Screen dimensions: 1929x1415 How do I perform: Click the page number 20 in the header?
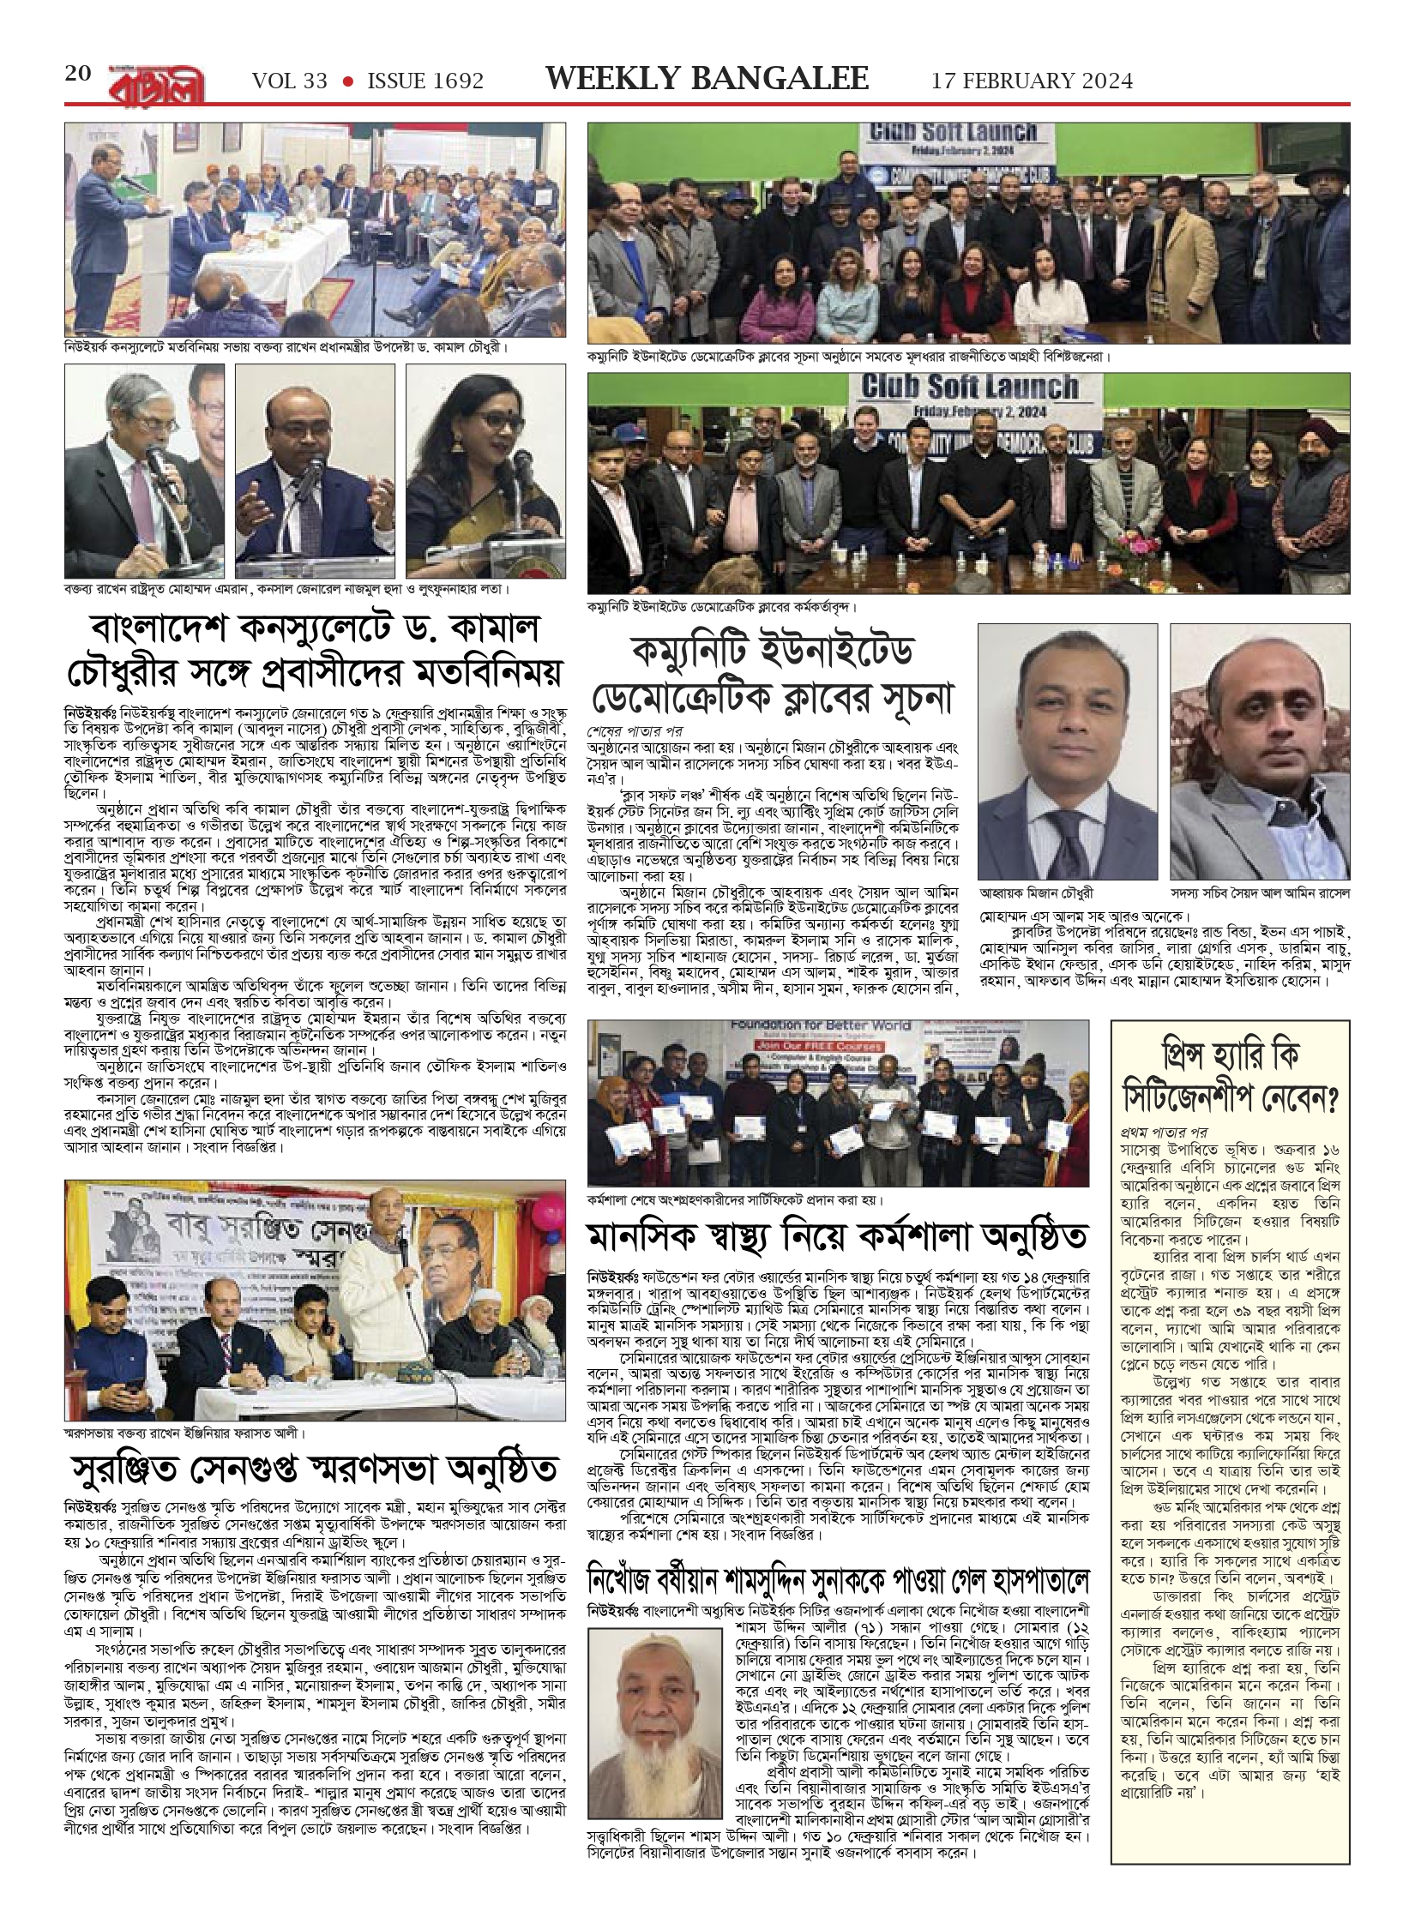click(x=77, y=74)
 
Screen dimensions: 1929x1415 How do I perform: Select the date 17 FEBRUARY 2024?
click(x=1032, y=81)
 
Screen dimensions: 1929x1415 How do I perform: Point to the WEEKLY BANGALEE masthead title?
click(x=707, y=79)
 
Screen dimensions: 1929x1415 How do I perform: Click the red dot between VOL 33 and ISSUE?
click(x=347, y=81)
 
